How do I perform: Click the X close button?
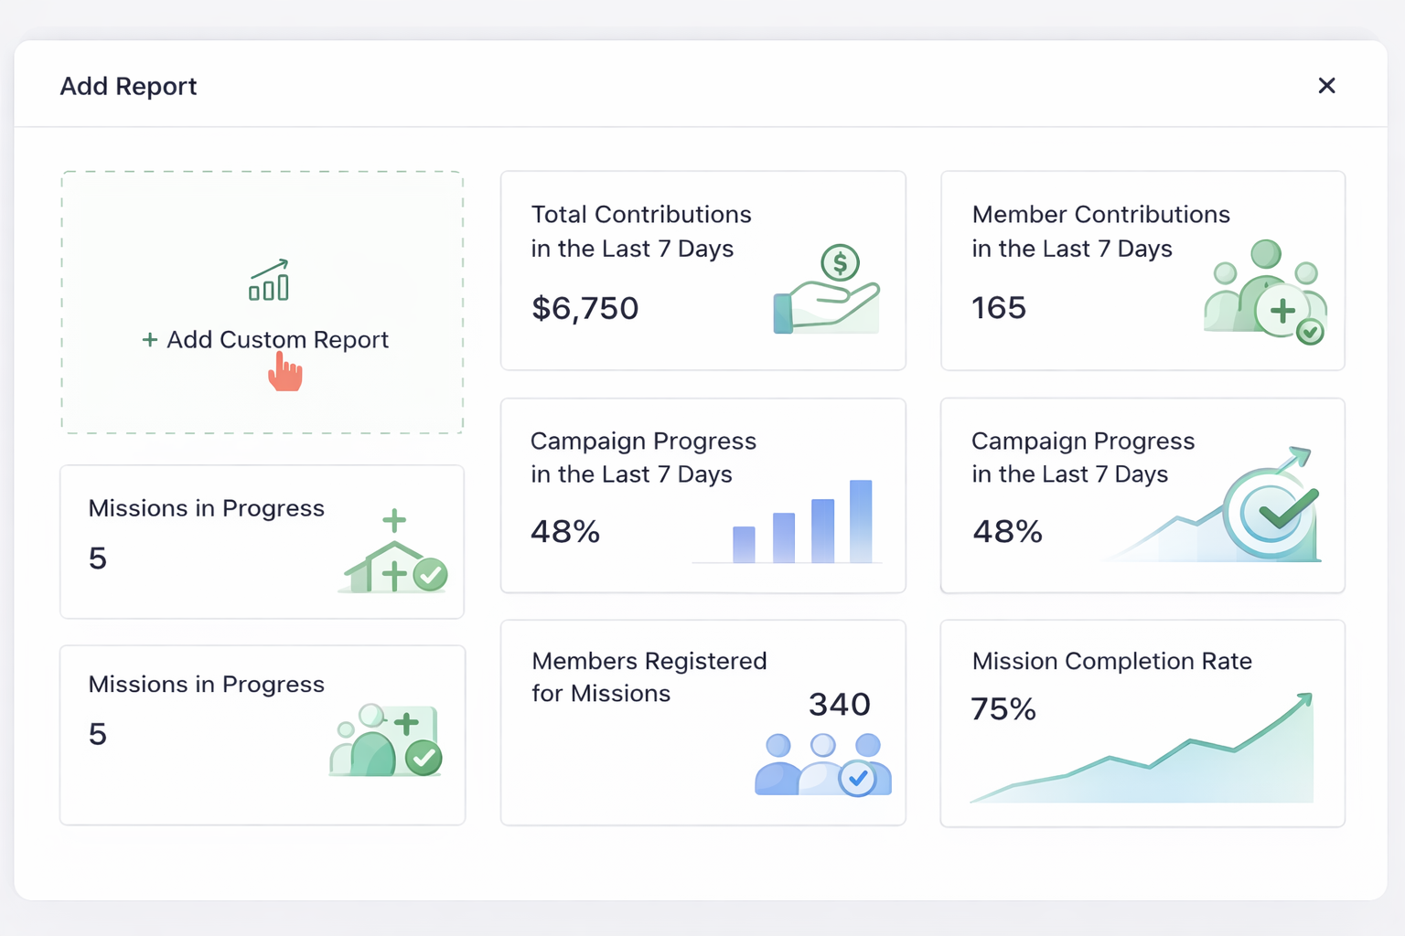pyautogui.click(x=1326, y=86)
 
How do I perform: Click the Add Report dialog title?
pyautogui.click(x=128, y=86)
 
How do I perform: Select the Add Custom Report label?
pyautogui.click(x=277, y=340)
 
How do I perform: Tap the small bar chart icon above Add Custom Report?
pyautogui.click(x=269, y=281)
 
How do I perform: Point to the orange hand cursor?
pyautogui.click(x=285, y=373)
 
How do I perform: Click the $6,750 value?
pyautogui.click(x=585, y=309)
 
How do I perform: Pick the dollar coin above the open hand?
pyautogui.click(x=840, y=263)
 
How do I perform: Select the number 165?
pyautogui.click(x=999, y=309)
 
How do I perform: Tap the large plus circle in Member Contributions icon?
pyautogui.click(x=1282, y=311)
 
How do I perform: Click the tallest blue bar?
pyautogui.click(x=861, y=520)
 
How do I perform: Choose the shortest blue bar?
pyautogui.click(x=744, y=544)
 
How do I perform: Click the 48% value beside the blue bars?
pyautogui.click(x=565, y=532)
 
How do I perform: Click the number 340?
pyautogui.click(x=840, y=705)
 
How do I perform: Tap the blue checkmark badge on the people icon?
pyautogui.click(x=858, y=778)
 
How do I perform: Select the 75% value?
pyautogui.click(x=1003, y=709)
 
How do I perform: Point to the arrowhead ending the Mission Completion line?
pyautogui.click(x=1305, y=700)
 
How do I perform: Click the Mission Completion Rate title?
pyautogui.click(x=1111, y=661)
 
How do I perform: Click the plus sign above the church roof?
pyautogui.click(x=394, y=521)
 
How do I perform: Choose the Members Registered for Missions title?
pyautogui.click(x=649, y=676)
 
